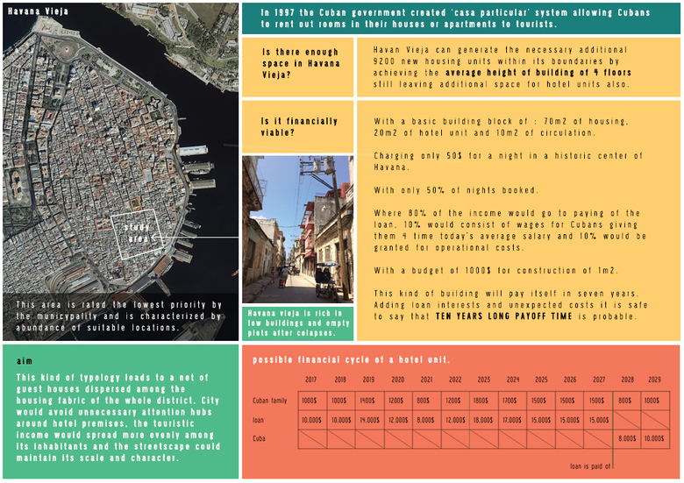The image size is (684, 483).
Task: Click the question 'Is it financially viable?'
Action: (298, 127)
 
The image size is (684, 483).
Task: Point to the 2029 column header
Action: (654, 380)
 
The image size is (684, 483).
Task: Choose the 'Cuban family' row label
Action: (268, 401)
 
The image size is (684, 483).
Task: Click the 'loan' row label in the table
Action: (259, 420)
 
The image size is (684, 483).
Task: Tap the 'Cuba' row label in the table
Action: (259, 438)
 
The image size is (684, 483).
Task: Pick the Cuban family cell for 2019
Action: (367, 401)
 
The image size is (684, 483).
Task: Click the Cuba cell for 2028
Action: (626, 438)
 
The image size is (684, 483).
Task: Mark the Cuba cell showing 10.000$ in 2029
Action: (654, 438)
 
